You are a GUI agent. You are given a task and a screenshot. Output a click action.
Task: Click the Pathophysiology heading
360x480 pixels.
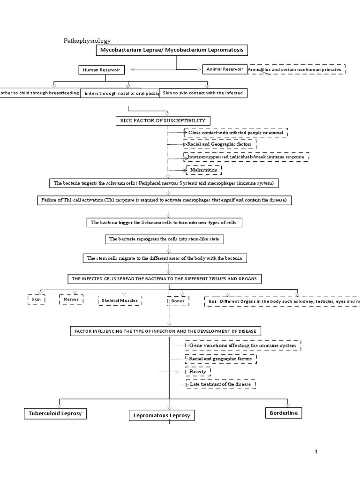(87, 41)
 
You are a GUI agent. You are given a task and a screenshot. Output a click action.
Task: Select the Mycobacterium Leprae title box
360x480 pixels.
(172, 50)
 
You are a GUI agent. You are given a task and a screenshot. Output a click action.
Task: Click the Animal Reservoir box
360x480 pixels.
(225, 69)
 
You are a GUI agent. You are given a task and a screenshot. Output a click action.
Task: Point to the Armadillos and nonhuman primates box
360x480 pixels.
(296, 69)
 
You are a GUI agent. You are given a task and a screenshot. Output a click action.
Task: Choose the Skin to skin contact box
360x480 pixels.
(203, 93)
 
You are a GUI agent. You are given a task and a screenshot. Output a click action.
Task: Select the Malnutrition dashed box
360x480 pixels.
(203, 170)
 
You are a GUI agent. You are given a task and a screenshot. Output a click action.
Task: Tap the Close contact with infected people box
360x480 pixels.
(236, 133)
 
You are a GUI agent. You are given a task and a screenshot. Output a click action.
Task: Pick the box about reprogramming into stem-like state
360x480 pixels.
(164, 239)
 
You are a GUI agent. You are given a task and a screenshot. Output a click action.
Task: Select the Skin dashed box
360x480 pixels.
(37, 299)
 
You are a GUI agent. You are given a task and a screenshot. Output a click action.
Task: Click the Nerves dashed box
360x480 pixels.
(71, 299)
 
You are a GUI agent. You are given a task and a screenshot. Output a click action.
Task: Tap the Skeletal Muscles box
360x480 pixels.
(120, 300)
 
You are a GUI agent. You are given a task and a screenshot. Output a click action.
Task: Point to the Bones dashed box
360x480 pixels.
(178, 300)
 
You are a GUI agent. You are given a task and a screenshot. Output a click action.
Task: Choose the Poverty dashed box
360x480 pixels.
(198, 371)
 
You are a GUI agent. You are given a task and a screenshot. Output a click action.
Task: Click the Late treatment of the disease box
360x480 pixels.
(220, 384)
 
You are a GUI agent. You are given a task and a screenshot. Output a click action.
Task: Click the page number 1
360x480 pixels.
(316, 451)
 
